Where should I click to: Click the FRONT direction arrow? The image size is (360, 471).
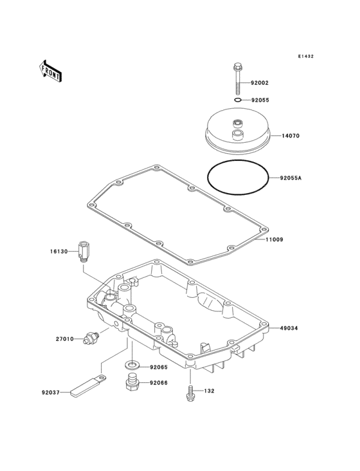click(50, 71)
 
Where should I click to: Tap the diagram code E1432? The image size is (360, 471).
click(306, 56)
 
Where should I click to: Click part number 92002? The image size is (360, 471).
click(260, 83)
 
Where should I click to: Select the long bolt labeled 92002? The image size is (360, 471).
click(238, 78)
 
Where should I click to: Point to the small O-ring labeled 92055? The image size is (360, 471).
click(238, 100)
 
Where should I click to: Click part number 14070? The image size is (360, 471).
click(291, 136)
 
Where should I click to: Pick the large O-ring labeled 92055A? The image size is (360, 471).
click(239, 178)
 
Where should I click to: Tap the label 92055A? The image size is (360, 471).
click(291, 178)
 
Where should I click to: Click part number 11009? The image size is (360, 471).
click(274, 240)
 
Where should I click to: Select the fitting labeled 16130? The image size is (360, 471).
click(82, 252)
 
